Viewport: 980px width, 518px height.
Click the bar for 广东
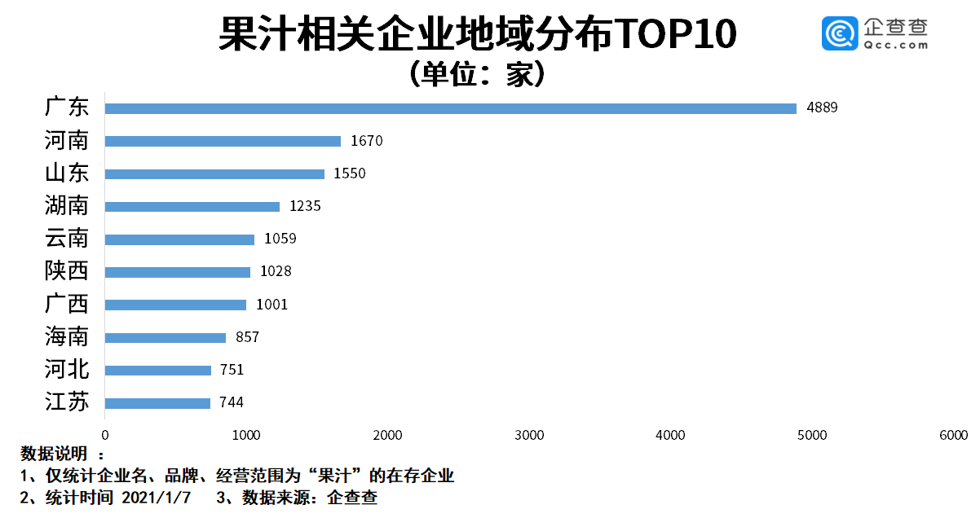450,108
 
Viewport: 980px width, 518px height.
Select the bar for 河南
223,141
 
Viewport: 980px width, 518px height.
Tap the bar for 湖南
192,207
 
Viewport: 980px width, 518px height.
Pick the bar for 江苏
157,403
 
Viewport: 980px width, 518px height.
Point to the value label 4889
822,108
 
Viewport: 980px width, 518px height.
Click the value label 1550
350,173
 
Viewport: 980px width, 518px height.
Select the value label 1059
280,239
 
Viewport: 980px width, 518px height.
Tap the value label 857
243,337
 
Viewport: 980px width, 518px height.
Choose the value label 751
232,370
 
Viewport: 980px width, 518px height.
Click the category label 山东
67,173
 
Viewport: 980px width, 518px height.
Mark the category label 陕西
67,271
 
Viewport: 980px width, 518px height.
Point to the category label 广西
67,305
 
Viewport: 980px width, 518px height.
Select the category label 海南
67,337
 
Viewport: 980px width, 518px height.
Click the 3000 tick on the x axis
530,436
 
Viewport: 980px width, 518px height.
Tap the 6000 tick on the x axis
954,436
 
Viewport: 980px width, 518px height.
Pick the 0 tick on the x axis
105,436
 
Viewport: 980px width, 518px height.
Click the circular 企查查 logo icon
838,34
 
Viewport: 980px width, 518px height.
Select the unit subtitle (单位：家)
478,74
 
